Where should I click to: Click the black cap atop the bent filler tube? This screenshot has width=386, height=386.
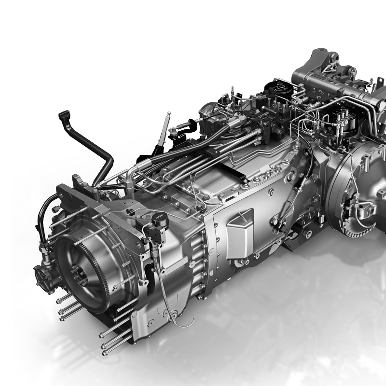[63, 115]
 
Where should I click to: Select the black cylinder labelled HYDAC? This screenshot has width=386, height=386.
[158, 221]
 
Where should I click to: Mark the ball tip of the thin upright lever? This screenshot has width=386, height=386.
[169, 114]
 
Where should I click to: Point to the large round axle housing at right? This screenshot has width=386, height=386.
[359, 188]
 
